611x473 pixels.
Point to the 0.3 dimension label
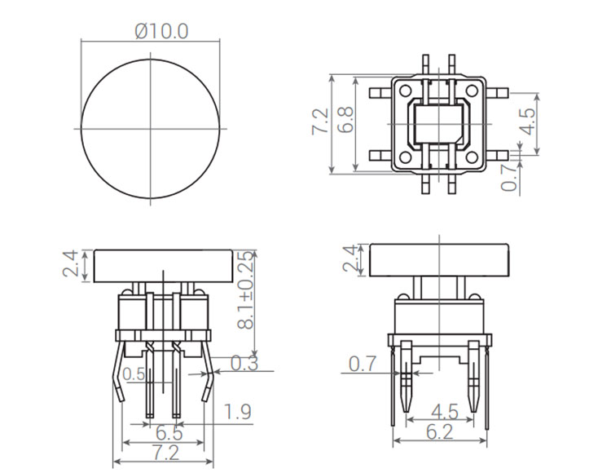pos(245,363)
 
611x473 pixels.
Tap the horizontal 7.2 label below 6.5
pos(162,451)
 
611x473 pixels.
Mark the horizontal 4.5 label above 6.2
pos(441,409)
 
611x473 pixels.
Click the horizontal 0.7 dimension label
pos(363,362)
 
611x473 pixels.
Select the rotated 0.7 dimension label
pos(509,177)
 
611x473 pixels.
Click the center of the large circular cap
pos(151,129)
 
